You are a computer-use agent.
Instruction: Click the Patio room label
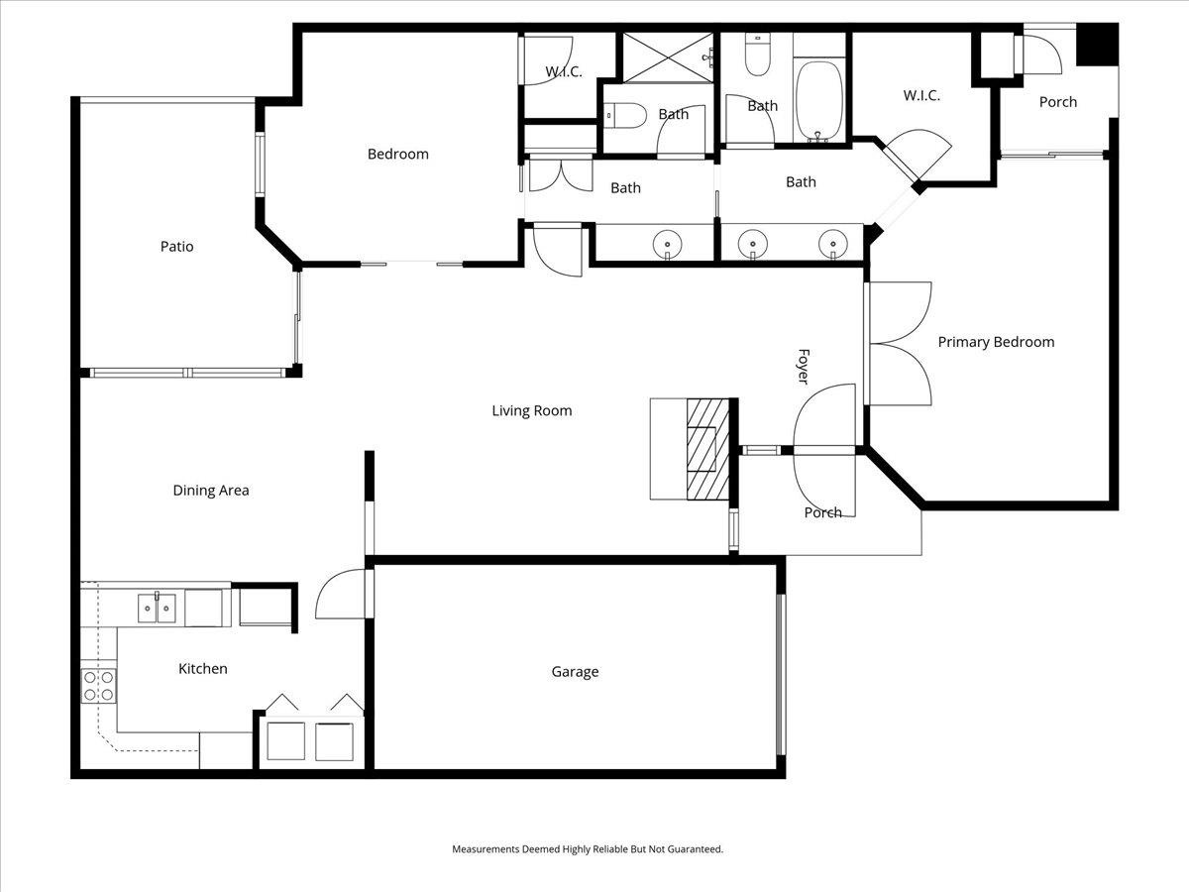[177, 247]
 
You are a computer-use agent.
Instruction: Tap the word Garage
[575, 672]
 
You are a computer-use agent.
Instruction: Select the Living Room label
[532, 410]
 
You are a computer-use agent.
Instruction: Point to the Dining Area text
[210, 490]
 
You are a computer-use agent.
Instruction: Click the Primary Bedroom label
[996, 342]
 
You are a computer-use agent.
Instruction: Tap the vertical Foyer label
[804, 367]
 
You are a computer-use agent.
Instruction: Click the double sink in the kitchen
[158, 607]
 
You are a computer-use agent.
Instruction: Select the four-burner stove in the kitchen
[98, 686]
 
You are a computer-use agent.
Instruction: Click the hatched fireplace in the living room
[707, 448]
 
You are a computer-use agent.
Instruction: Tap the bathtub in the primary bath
[818, 102]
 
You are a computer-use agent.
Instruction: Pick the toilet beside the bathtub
[758, 57]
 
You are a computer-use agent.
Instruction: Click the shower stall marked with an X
[666, 57]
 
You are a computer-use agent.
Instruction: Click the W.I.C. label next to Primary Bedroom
[920, 96]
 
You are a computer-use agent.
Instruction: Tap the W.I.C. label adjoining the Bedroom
[563, 72]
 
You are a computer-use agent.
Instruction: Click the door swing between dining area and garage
[340, 595]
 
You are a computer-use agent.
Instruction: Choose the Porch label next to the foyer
[822, 512]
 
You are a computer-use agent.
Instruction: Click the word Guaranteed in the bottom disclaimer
[692, 849]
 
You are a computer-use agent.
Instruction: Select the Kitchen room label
[203, 669]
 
